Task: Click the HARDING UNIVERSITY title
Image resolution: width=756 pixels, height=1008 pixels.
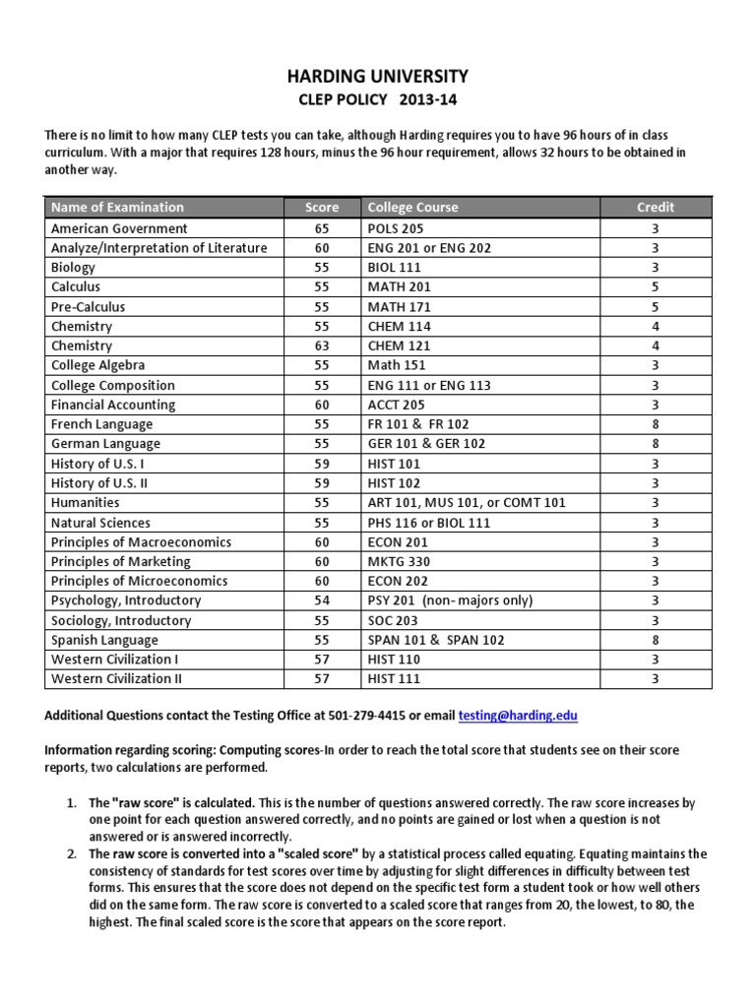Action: click(378, 76)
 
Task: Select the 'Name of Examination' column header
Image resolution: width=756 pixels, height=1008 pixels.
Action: click(117, 208)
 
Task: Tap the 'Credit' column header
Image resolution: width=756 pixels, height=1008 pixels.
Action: click(656, 208)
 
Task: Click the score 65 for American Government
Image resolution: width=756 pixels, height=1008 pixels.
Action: click(321, 228)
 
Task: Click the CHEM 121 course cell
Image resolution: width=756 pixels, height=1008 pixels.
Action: click(399, 346)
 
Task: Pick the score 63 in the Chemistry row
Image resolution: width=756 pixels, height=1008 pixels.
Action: click(321, 346)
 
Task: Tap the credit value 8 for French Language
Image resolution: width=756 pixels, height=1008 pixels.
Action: click(656, 424)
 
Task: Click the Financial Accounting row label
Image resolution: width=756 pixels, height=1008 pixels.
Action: click(113, 405)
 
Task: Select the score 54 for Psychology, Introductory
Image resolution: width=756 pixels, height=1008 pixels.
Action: click(321, 600)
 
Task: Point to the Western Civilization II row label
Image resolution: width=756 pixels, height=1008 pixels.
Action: click(117, 679)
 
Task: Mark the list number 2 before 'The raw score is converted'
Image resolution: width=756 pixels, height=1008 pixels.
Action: click(72, 853)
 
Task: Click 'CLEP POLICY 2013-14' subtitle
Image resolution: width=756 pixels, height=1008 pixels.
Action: click(378, 100)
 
